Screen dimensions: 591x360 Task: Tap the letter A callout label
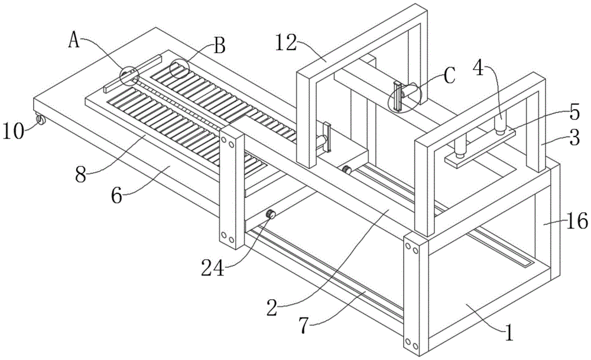pyautogui.click(x=74, y=40)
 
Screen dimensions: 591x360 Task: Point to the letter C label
pyautogui.click(x=449, y=76)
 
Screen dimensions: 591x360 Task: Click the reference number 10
pyautogui.click(x=14, y=132)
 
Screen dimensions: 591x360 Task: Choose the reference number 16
pyautogui.click(x=577, y=220)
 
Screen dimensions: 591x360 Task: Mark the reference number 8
pyautogui.click(x=80, y=175)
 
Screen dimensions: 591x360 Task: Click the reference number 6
pyautogui.click(x=116, y=196)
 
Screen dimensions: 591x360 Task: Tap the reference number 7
pyautogui.click(x=304, y=325)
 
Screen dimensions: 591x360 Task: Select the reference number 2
pyautogui.click(x=272, y=307)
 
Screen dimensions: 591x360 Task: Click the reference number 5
pyautogui.click(x=574, y=113)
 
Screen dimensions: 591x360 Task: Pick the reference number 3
pyautogui.click(x=574, y=138)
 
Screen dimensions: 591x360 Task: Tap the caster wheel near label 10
pyautogui.click(x=40, y=120)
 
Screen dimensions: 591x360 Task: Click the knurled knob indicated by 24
pyautogui.click(x=270, y=215)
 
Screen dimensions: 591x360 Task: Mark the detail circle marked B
pyautogui.click(x=179, y=69)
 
